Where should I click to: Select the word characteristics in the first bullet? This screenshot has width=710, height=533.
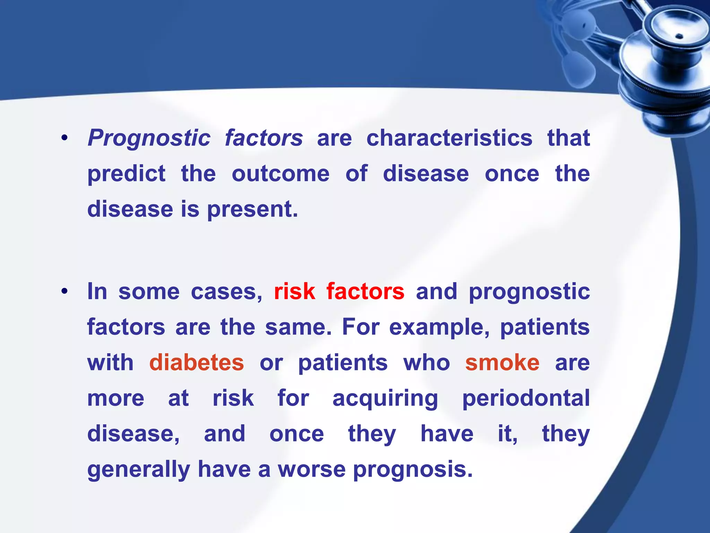pyautogui.click(x=449, y=138)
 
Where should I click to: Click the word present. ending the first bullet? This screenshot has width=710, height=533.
pyautogui.click(x=252, y=210)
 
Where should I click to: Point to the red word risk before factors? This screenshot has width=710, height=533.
pyautogui.click(x=294, y=291)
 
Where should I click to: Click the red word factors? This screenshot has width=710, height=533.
pyautogui.click(x=365, y=291)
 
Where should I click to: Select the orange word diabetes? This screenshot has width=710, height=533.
pyautogui.click(x=197, y=363)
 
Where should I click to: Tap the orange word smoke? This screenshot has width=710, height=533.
pyautogui.click(x=502, y=363)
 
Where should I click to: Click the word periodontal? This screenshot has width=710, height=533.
pyautogui.click(x=526, y=398)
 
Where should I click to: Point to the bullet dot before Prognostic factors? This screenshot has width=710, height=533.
pyautogui.click(x=64, y=138)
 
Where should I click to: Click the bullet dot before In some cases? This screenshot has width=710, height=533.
pyautogui.click(x=64, y=292)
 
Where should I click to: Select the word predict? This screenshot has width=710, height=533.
pyautogui.click(x=127, y=174)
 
